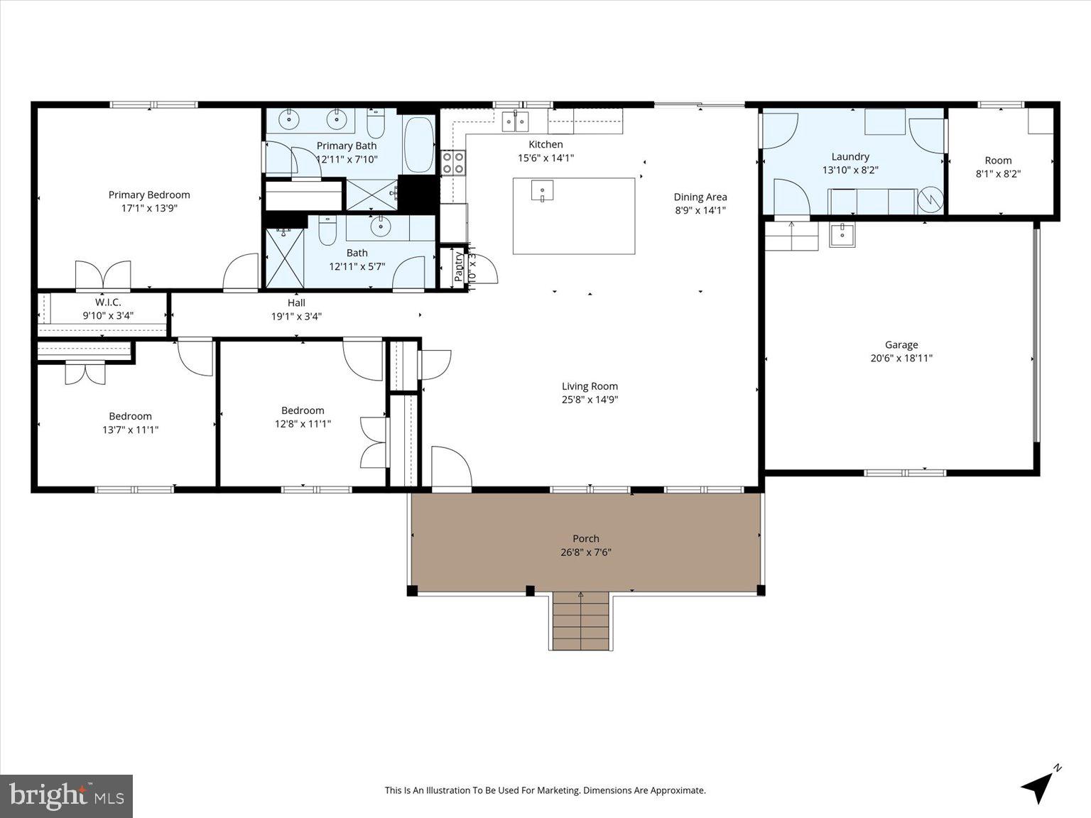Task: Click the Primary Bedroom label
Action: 149,195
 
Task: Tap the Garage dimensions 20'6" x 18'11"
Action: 901,359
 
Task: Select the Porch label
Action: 586,539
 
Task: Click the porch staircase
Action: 581,621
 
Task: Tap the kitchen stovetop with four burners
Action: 453,163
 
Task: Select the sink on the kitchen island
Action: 542,191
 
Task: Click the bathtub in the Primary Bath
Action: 418,144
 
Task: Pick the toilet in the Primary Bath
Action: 376,125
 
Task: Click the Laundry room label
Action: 850,157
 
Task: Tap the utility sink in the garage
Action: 842,233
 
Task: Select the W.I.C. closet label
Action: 108,302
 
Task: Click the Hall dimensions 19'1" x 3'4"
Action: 296,317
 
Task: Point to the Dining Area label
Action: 700,197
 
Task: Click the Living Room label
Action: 590,386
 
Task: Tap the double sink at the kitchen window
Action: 515,121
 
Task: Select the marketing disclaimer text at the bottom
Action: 545,790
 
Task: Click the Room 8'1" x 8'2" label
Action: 998,160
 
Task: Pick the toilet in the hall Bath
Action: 327,233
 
